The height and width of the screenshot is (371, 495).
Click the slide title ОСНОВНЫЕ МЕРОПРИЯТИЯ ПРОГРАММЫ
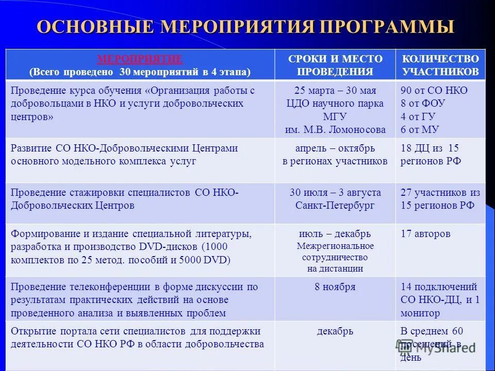click(245, 27)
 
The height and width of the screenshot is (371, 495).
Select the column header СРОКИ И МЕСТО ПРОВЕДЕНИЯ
click(335, 65)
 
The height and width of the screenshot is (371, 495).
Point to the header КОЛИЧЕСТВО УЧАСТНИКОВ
click(440, 65)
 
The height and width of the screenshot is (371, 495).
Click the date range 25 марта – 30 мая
click(335, 90)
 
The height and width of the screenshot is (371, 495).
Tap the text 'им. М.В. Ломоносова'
click(335, 129)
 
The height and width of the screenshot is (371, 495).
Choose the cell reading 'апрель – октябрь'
click(335, 148)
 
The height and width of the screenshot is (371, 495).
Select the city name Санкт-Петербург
click(335, 205)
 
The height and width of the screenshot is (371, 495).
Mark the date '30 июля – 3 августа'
click(335, 192)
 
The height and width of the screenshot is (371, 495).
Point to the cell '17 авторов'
click(425, 234)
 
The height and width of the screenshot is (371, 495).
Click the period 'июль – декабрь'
click(335, 234)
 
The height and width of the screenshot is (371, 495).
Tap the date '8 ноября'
click(335, 287)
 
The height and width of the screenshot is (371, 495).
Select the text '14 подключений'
click(439, 287)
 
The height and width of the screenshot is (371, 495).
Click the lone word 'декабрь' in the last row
click(335, 331)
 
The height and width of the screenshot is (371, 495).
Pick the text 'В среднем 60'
click(432, 331)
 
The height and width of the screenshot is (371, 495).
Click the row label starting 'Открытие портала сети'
click(136, 331)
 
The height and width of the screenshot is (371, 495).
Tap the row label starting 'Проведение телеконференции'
click(134, 287)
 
